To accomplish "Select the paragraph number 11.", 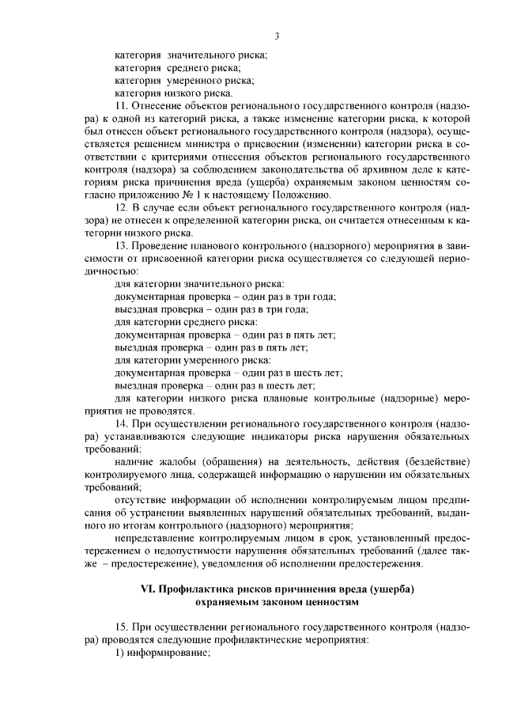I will (x=121, y=105).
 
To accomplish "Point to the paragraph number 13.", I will (x=121, y=248).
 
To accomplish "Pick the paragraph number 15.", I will (x=121, y=627).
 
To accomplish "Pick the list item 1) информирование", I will (x=162, y=653).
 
